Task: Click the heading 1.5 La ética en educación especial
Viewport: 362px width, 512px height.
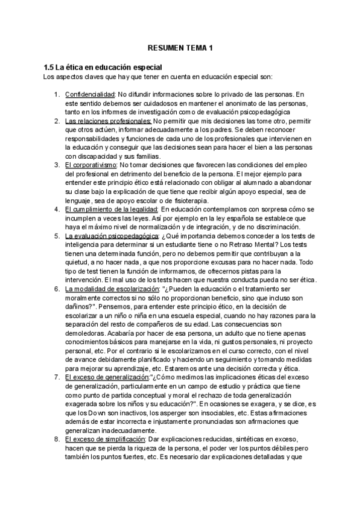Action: [x=100, y=68]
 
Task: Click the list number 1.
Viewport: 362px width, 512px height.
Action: [x=56, y=95]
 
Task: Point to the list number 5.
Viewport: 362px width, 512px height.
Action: [x=56, y=235]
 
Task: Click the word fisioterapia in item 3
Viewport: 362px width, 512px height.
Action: [x=187, y=200]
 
